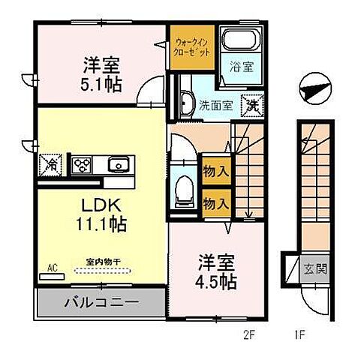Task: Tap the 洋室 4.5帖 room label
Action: coord(218,272)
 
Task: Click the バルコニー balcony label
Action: coord(100,305)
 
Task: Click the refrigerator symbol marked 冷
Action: coord(53,163)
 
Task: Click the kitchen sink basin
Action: coord(117,163)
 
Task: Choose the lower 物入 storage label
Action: coord(216,202)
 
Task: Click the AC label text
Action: coord(53,267)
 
